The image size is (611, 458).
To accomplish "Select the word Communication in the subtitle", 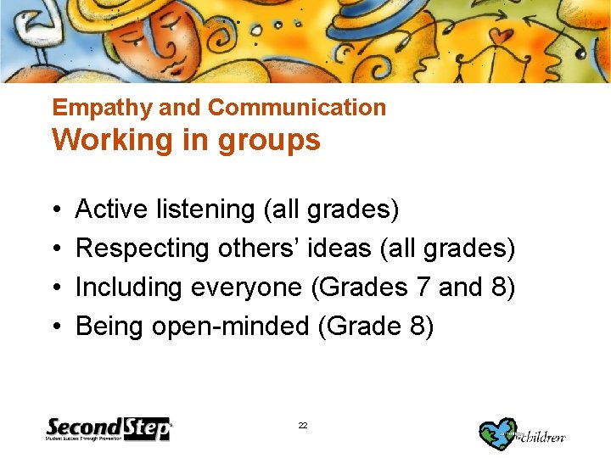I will coord(296,108).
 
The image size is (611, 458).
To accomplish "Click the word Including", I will coord(131,288).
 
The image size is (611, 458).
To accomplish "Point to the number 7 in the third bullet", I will coord(423,288).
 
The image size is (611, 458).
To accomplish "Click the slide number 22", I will coord(303,425).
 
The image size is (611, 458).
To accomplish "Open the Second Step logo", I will coord(109,429).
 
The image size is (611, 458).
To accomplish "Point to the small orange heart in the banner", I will coord(504,36).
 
